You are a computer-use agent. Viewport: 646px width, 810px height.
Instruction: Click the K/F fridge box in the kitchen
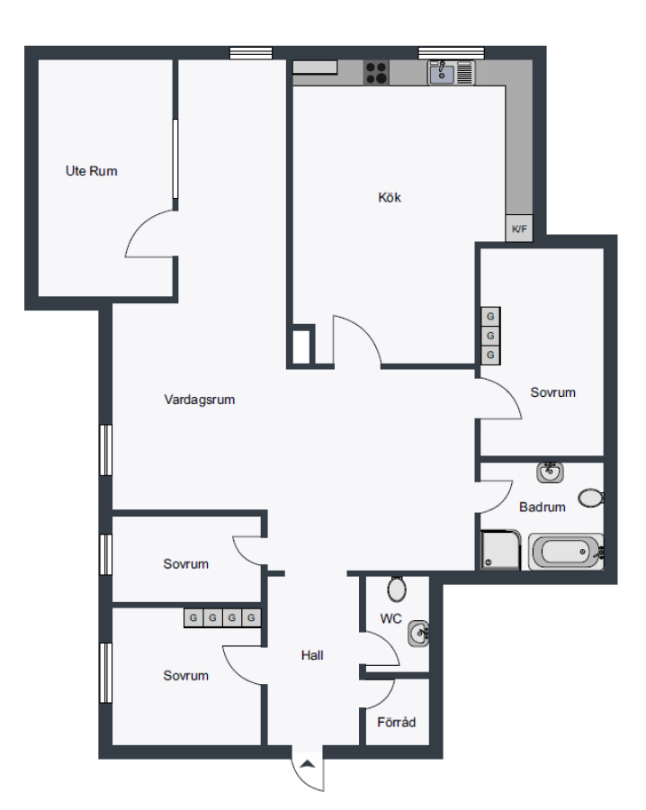click(519, 228)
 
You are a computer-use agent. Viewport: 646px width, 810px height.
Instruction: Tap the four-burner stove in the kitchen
click(376, 72)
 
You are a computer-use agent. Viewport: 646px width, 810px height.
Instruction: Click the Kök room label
click(390, 197)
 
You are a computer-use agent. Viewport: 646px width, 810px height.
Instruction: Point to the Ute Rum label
click(92, 171)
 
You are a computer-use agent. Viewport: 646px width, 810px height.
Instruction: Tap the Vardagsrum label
click(200, 400)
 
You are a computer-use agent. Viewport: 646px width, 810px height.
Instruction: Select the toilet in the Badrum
click(591, 498)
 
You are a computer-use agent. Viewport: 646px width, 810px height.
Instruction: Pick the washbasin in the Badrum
click(550, 472)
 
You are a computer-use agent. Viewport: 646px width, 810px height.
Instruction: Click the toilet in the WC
click(397, 589)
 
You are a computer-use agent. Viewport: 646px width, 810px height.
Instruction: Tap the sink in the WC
click(418, 634)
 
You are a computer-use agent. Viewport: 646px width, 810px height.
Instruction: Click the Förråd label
click(396, 722)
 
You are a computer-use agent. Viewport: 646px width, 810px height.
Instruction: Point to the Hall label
click(312, 655)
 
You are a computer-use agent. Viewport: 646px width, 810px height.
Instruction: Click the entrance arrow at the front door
click(308, 764)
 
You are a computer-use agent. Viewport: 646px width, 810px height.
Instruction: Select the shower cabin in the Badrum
click(500, 550)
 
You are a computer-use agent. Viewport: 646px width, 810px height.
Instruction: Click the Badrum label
click(543, 507)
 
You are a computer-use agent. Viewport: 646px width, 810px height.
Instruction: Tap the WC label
click(390, 618)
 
